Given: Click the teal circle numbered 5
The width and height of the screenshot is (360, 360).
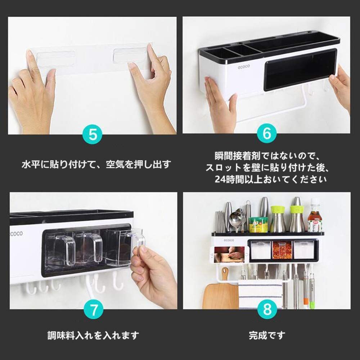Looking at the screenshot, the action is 93,134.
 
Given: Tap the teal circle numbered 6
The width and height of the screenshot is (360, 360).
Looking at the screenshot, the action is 266,133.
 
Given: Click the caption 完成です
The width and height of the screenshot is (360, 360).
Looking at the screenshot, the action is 267,336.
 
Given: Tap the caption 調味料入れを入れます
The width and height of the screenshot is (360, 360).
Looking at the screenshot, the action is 93,336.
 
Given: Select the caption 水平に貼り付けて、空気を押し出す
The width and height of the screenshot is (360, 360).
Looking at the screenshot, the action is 96,165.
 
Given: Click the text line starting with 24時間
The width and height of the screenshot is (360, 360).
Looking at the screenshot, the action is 270,179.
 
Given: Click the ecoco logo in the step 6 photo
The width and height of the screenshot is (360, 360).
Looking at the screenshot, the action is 244,67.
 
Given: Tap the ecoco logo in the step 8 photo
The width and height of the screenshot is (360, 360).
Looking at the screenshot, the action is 229,240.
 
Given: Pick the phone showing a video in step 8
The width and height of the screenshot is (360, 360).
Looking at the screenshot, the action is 230,255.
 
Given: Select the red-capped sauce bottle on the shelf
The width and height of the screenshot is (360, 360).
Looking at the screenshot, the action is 315,215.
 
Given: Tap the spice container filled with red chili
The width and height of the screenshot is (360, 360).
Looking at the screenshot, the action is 282,250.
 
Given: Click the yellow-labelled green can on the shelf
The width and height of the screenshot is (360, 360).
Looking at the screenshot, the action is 258,225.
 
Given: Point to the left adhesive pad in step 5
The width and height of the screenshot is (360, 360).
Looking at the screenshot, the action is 56,59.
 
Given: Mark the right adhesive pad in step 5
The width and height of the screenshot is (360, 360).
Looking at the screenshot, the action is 130,55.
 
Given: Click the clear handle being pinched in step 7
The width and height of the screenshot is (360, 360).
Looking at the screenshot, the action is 137,240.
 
